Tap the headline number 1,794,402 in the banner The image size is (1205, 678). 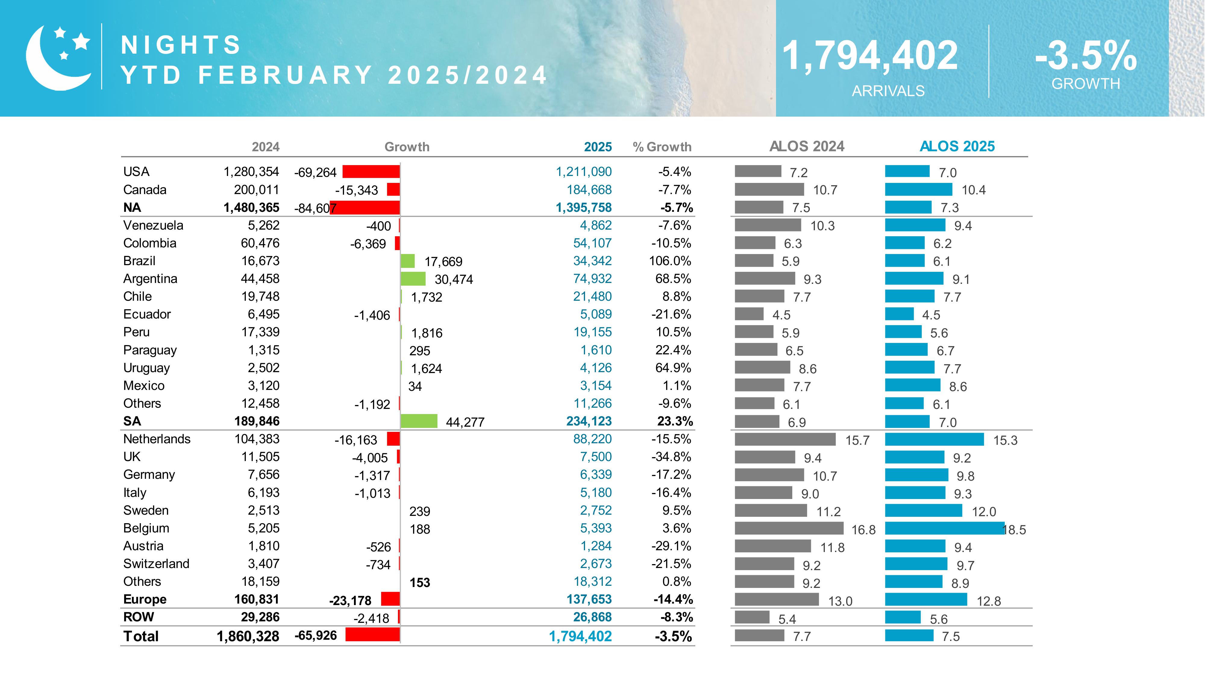(x=870, y=56)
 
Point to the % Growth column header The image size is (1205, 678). (x=662, y=147)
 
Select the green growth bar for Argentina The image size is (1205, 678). (x=413, y=279)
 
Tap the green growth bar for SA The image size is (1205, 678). (x=419, y=421)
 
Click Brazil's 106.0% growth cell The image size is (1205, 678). (x=670, y=261)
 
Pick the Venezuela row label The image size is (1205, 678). (x=153, y=225)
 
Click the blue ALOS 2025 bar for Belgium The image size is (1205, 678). (x=944, y=528)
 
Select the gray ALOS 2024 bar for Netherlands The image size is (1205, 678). (x=785, y=439)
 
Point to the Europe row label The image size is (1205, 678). (x=145, y=599)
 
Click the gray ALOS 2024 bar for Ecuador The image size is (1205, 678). (x=749, y=314)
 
